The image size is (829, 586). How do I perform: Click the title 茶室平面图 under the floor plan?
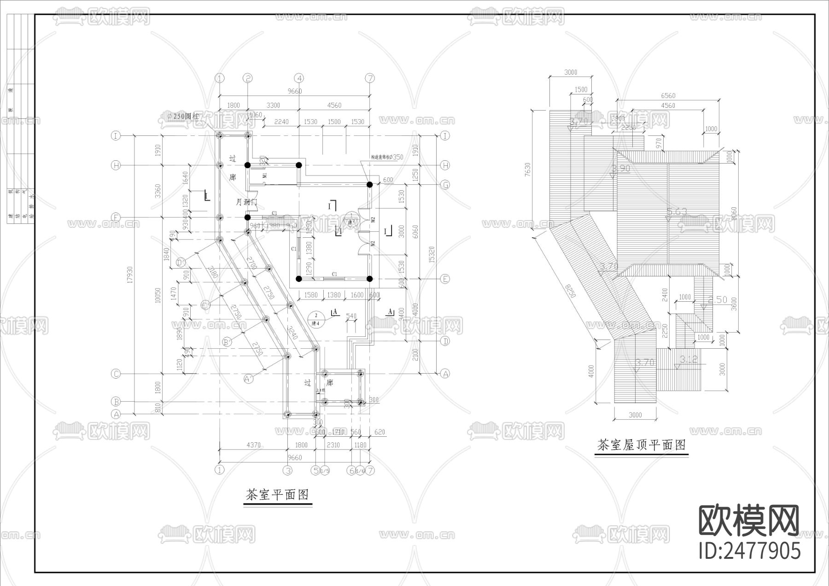(277, 495)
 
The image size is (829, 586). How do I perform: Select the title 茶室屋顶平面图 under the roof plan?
(641, 445)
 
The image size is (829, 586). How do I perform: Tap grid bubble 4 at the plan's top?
(299, 78)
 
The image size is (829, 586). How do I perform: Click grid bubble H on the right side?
(445, 165)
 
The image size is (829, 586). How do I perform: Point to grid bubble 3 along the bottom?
(288, 470)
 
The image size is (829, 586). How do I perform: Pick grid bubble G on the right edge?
(445, 185)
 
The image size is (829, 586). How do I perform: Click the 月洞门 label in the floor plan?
(246, 202)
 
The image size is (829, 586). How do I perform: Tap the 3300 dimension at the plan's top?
(273, 105)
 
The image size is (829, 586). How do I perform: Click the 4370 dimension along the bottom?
(253, 445)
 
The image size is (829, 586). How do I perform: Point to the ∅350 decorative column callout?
(388, 157)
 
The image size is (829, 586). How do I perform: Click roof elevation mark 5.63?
(677, 211)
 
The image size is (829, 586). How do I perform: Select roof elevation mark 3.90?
(622, 169)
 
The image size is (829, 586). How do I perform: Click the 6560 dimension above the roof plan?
(668, 95)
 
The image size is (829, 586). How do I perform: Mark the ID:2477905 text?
(750, 551)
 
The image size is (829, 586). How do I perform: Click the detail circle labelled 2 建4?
(316, 318)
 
